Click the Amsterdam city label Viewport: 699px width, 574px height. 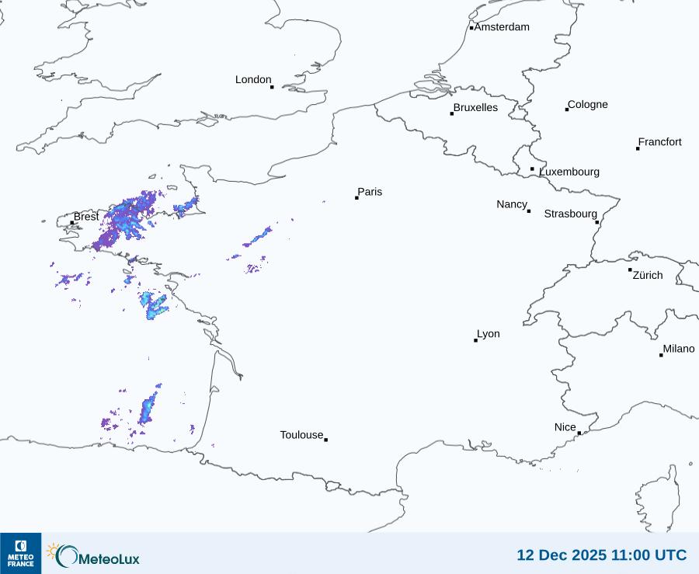pyautogui.click(x=502, y=27)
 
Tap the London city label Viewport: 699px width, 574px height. pyautogui.click(x=253, y=80)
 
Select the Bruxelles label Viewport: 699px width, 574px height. pyautogui.click(x=475, y=108)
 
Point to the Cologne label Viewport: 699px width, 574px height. pyautogui.click(x=588, y=105)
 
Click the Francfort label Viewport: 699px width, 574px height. pyautogui.click(x=659, y=142)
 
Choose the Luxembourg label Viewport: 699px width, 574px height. pyautogui.click(x=569, y=172)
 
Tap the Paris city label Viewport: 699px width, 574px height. pyautogui.click(x=370, y=192)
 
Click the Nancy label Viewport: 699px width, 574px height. pyautogui.click(x=512, y=204)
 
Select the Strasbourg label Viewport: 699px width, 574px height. pyautogui.click(x=570, y=214)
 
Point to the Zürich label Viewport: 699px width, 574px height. pyautogui.click(x=648, y=275)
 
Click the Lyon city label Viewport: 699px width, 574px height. pyautogui.click(x=489, y=334)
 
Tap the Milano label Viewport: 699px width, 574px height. pyautogui.click(x=679, y=349)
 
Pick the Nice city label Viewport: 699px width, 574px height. pyautogui.click(x=565, y=427)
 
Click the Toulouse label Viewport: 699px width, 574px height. pyautogui.click(x=301, y=435)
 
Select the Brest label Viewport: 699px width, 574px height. pyautogui.click(x=86, y=217)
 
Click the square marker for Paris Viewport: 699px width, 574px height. pyautogui.click(x=356, y=198)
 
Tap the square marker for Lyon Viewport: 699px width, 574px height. pyautogui.click(x=475, y=340)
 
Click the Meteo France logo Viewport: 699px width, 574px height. pyautogui.click(x=20, y=553)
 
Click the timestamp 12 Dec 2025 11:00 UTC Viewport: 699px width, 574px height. pyautogui.click(x=601, y=555)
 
